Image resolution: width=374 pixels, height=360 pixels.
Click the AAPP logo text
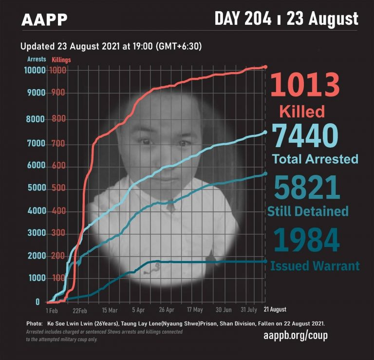pos(44,20)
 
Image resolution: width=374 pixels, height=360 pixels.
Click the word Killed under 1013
pos(302,111)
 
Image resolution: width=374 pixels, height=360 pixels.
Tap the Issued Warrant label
pos(315,266)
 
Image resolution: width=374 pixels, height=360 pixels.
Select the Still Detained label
pos(308,211)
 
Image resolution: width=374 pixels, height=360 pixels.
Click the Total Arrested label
pos(315,159)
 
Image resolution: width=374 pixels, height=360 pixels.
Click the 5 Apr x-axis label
pos(138,310)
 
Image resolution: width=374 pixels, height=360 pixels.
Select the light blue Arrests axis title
pos(37,59)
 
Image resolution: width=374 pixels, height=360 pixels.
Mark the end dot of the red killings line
pos(265,67)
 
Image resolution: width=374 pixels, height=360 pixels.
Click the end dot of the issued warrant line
pos(265,262)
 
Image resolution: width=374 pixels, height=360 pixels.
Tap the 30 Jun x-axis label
pos(224,310)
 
